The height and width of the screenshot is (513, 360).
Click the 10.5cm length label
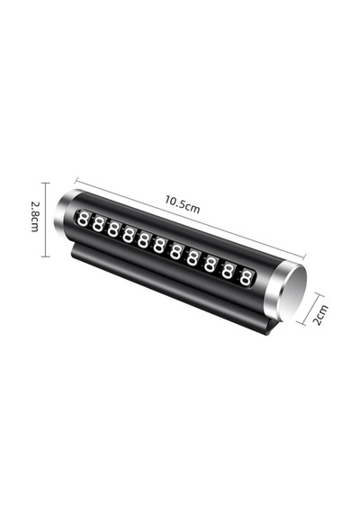(x=182, y=205)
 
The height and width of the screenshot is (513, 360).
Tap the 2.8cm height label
(x=35, y=216)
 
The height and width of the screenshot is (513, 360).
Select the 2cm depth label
(x=320, y=315)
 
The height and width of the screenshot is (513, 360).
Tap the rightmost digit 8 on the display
(x=245, y=277)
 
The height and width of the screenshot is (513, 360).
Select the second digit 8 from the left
(x=97, y=225)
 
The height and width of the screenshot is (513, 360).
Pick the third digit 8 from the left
(x=112, y=230)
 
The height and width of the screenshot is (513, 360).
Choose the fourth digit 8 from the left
(x=129, y=236)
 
